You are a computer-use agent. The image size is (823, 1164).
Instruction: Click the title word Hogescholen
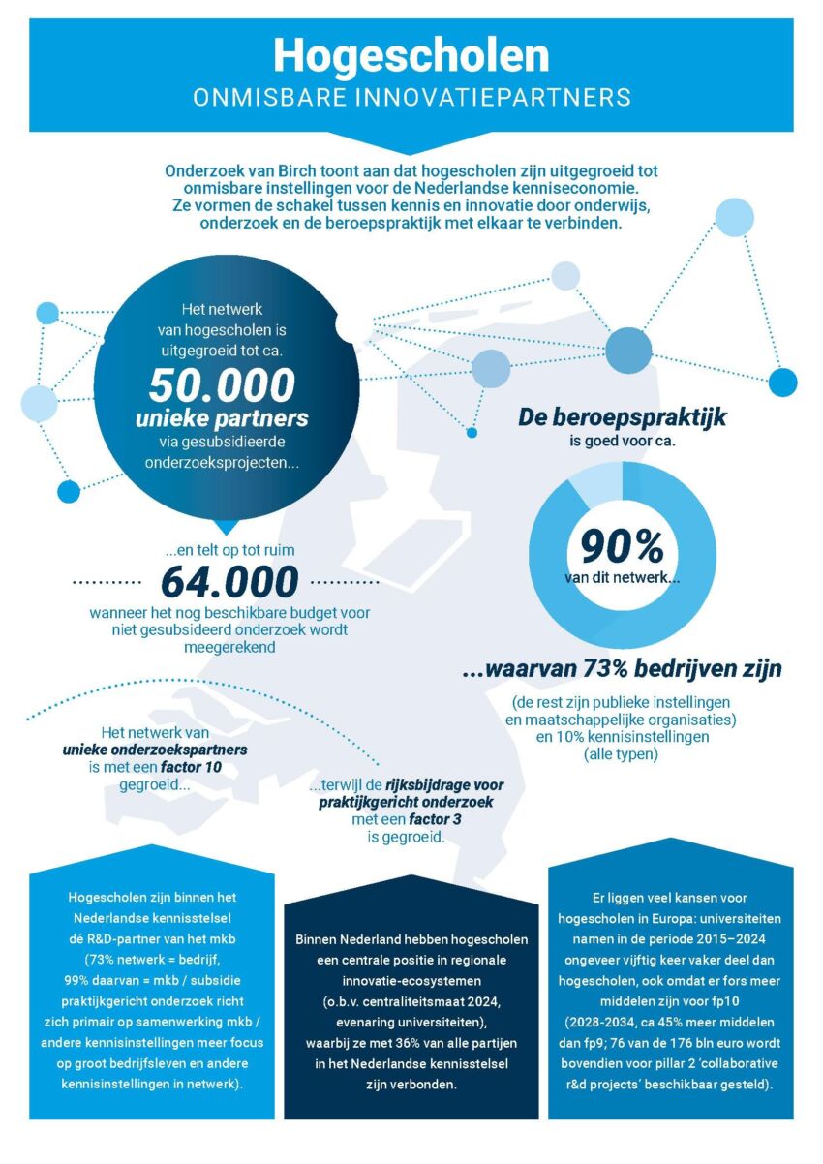[x=411, y=55]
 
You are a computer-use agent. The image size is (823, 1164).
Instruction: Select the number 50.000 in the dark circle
[x=222, y=384]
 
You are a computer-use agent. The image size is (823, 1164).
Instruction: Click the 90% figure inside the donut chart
[x=623, y=547]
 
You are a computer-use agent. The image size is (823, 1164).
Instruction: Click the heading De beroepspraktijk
[x=623, y=418]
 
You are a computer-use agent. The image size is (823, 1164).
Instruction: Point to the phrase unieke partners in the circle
[x=222, y=419]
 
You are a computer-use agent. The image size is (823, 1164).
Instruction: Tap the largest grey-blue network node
[x=629, y=351]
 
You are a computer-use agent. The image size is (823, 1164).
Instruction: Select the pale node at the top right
[x=734, y=217]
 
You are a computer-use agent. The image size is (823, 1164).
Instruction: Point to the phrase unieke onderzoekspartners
[x=155, y=750]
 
